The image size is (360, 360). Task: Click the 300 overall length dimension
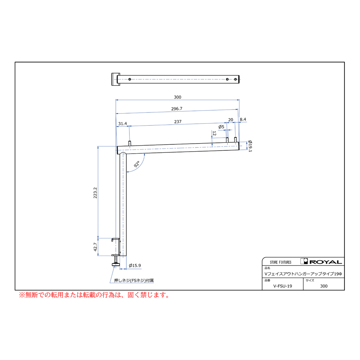coord(178,97)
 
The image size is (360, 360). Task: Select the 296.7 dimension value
coord(176,108)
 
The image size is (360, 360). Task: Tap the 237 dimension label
coord(178,122)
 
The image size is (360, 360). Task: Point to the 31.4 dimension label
coord(122,124)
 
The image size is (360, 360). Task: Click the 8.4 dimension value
coord(243,119)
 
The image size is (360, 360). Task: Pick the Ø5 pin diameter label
coord(221,127)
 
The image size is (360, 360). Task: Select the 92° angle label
coord(137,164)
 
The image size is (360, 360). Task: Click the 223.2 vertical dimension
coord(95,193)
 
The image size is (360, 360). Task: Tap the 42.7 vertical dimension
coord(95,247)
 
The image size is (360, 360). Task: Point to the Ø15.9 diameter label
coord(135,266)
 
